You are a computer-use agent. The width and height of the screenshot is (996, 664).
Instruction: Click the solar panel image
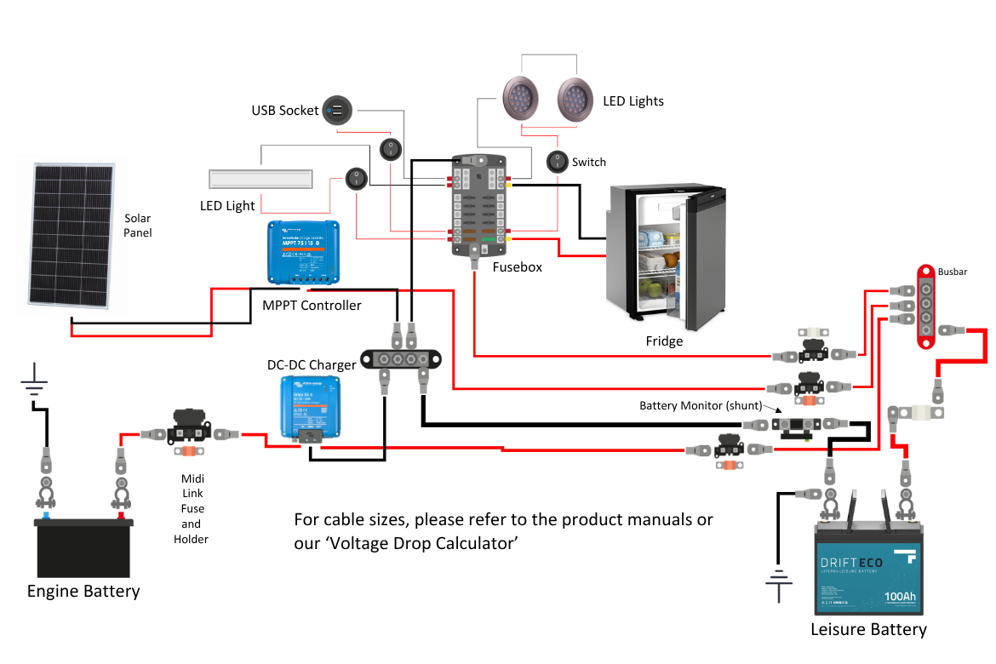click(x=72, y=236)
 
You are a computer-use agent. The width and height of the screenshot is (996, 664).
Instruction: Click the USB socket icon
click(x=337, y=111)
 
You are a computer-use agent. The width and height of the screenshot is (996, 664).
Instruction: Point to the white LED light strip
click(x=261, y=180)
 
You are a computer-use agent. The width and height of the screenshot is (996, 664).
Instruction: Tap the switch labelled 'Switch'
click(x=557, y=161)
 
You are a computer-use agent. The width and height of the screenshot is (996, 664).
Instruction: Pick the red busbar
click(x=924, y=305)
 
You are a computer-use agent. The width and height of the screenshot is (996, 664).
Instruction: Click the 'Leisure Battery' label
click(x=869, y=630)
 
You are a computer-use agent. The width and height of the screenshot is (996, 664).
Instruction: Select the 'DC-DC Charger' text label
click(x=312, y=365)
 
